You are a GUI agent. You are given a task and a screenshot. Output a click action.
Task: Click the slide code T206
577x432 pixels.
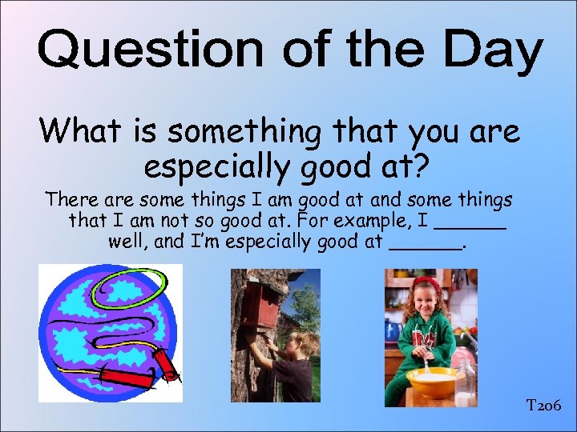point(544,406)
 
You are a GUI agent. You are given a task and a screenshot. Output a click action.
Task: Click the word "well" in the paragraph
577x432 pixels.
point(126,241)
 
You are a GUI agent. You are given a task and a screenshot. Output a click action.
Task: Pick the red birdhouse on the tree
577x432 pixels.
point(260,303)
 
